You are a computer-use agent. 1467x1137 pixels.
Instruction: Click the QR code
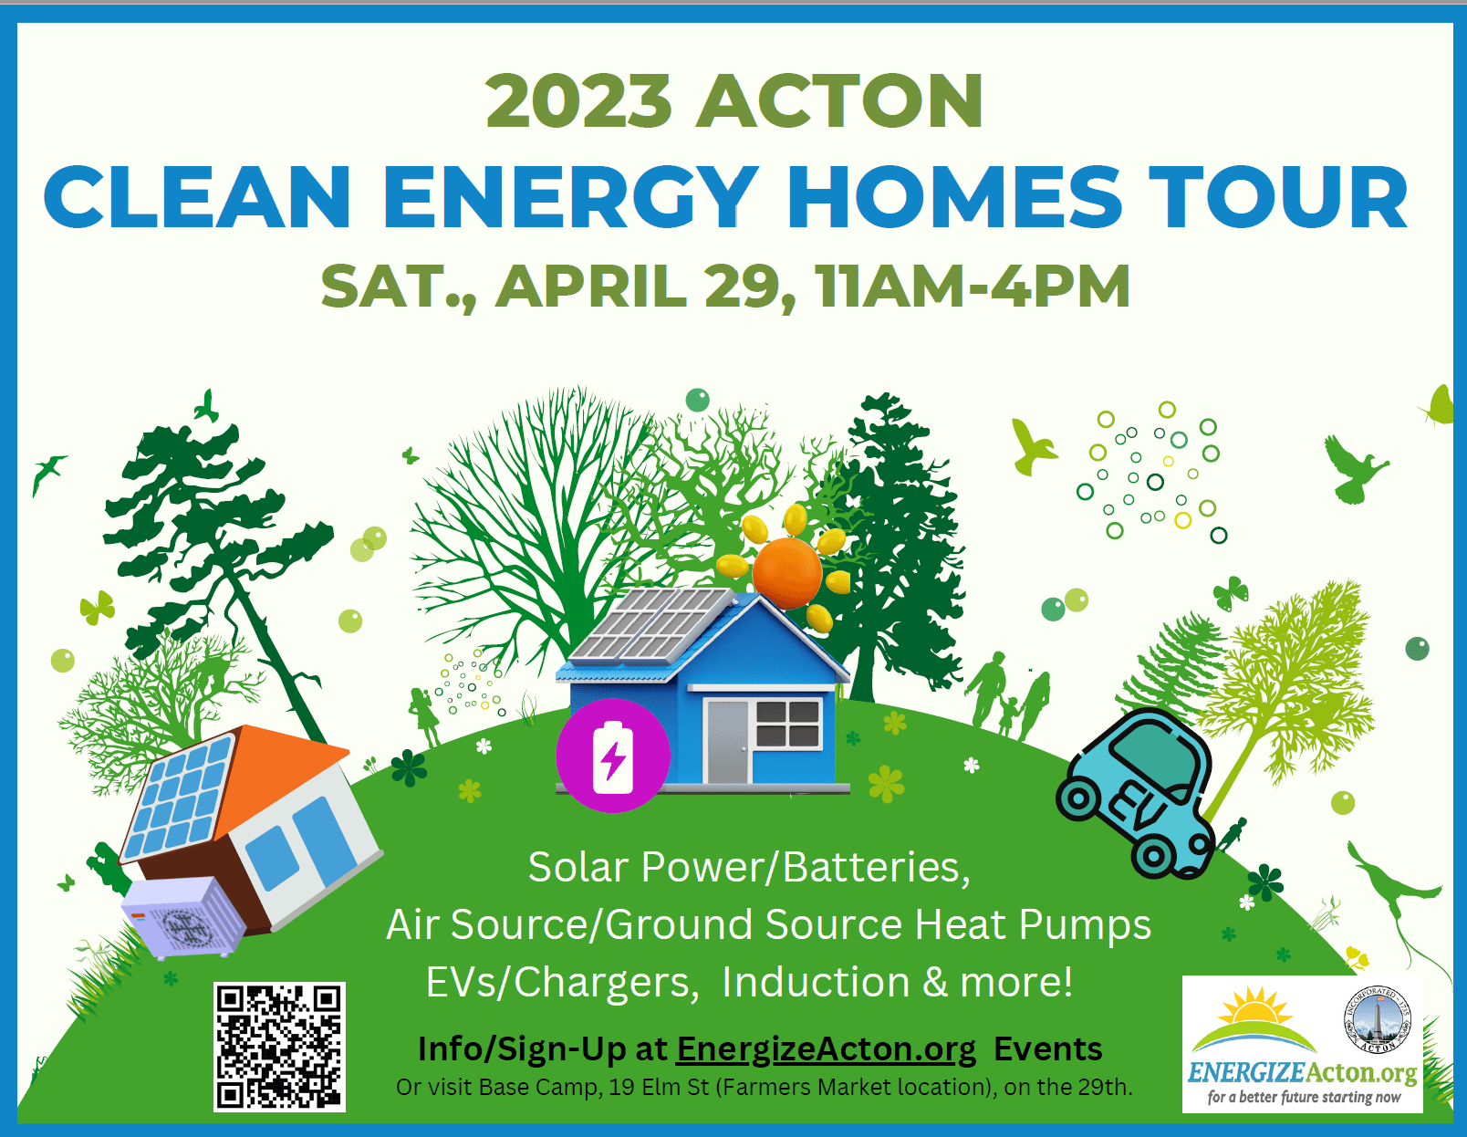pyautogui.click(x=279, y=1047)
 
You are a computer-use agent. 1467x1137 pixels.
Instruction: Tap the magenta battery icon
pyautogui.click(x=613, y=756)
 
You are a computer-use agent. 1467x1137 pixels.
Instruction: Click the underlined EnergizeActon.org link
pyautogui.click(x=827, y=1048)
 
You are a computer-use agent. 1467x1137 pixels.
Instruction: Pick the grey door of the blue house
pyautogui.click(x=726, y=741)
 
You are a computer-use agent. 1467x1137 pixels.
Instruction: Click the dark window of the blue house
pyautogui.click(x=788, y=724)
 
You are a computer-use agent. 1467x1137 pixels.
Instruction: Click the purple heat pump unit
pyautogui.click(x=183, y=918)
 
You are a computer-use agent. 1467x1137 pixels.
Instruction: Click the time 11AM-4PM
pyautogui.click(x=973, y=287)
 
